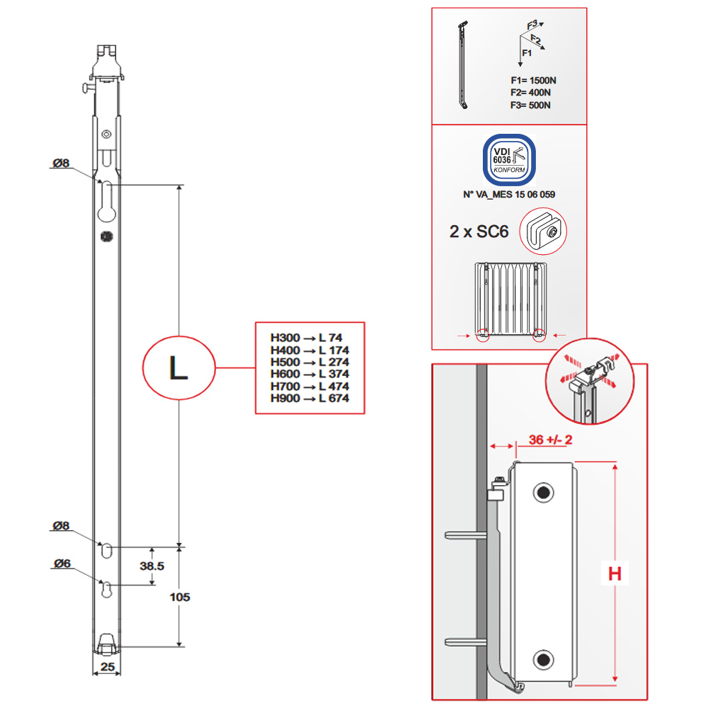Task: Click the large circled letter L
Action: [178, 368]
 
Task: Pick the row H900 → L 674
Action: [309, 399]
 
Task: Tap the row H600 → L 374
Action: [309, 374]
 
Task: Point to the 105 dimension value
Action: [180, 597]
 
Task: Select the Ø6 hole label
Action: [62, 564]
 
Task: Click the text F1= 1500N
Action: [531, 80]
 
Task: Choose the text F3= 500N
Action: [531, 105]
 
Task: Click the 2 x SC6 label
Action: [479, 232]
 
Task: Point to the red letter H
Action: [615, 573]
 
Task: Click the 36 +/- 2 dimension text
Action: [549, 439]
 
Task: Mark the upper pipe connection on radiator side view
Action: [544, 492]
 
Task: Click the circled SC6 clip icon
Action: [544, 230]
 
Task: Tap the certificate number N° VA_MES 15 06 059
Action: [508, 194]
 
